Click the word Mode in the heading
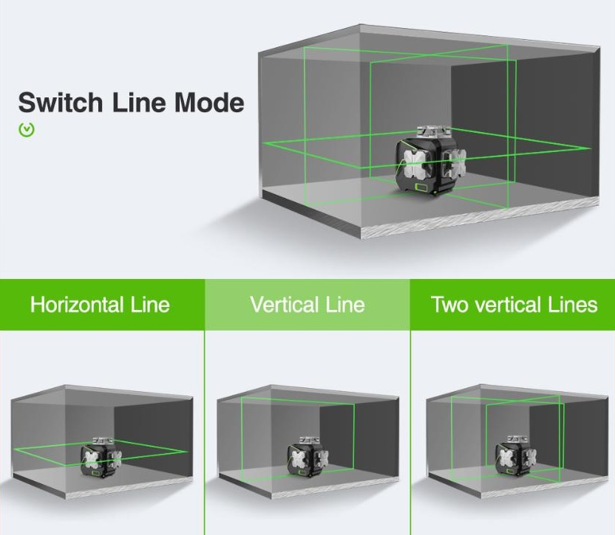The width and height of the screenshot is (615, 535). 209,103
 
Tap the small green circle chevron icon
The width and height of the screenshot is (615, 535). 27,130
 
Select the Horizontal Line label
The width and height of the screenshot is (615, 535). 100,305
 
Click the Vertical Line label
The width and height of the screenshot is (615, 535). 307,305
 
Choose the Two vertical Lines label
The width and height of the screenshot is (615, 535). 514,305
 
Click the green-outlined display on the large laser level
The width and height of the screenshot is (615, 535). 423,187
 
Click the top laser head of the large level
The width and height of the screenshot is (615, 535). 428,132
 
